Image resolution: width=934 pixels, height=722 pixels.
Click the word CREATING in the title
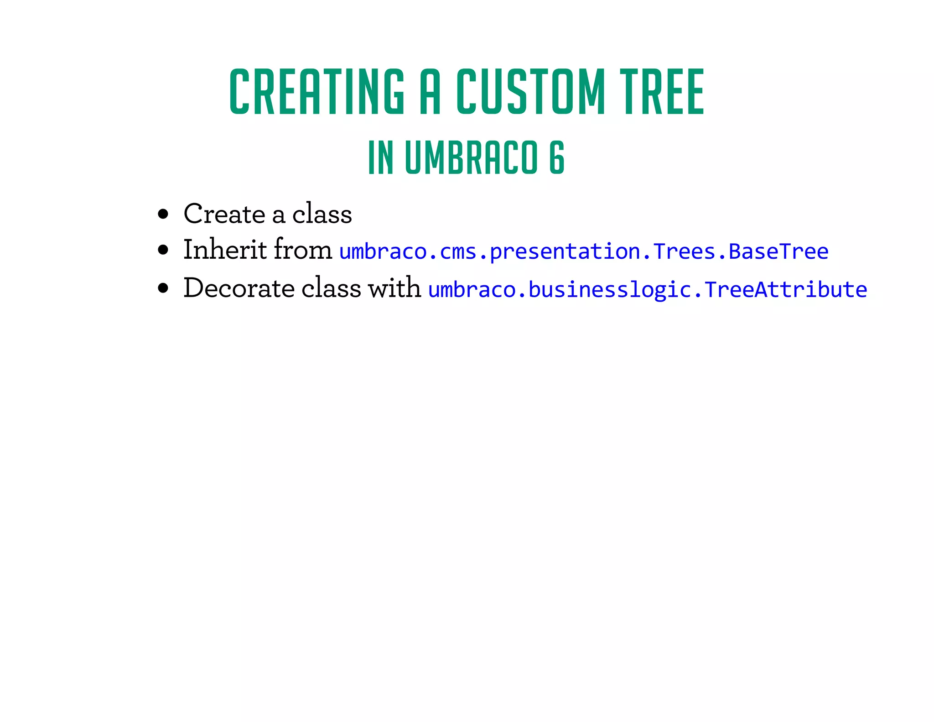tap(317, 91)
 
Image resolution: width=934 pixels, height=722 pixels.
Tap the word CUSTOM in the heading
tap(530, 91)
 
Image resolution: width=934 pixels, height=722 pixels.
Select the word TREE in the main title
tap(664, 91)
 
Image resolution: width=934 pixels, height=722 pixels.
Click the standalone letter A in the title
tap(430, 91)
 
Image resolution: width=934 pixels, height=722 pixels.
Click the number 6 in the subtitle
tap(557, 157)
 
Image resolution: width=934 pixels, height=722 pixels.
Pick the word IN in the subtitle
tap(381, 157)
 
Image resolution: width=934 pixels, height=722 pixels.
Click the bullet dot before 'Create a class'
tap(163, 214)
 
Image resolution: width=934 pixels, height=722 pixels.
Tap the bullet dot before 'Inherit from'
tap(163, 250)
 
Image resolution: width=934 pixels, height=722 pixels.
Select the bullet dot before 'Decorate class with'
tap(163, 288)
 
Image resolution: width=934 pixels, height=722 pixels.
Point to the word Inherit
tap(225, 250)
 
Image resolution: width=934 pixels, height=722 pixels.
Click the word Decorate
tap(239, 288)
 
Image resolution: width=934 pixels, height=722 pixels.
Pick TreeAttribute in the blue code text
tap(785, 290)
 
